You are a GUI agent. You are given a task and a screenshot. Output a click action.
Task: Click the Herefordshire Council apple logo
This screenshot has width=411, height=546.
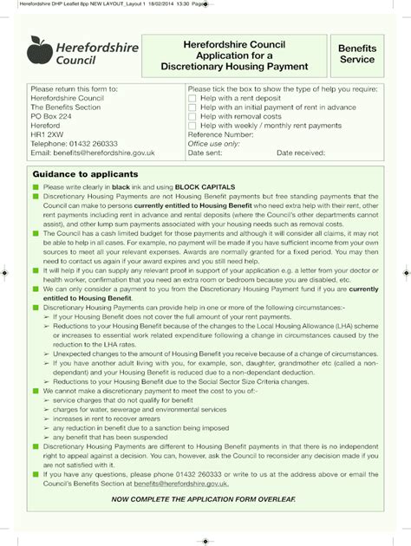(40, 49)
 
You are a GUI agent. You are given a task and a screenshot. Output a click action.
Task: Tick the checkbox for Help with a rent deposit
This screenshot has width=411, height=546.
(192, 99)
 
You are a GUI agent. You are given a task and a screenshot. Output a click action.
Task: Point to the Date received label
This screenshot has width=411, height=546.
(300, 153)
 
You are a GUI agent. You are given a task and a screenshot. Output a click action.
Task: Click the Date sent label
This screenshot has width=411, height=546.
(205, 153)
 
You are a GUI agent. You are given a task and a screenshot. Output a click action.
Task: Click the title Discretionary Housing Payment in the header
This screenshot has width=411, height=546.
(234, 67)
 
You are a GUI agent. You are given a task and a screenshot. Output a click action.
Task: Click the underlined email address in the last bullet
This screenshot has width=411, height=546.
(181, 484)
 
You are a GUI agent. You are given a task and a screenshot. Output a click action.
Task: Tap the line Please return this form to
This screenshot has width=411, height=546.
(74, 89)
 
